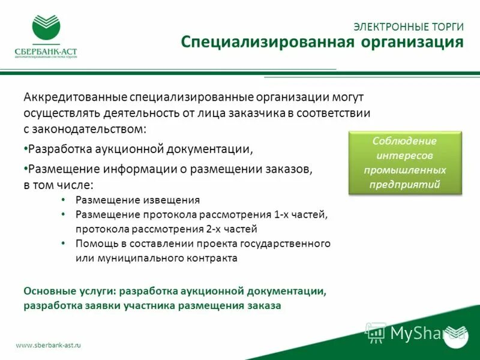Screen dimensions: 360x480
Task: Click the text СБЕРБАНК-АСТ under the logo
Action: [46, 52]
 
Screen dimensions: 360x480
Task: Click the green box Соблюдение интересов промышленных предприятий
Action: [405, 163]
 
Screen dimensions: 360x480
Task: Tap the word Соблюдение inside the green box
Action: [405, 141]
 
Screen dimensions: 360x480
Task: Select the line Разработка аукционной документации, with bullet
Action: [136, 149]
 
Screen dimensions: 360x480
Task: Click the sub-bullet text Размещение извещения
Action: [137, 200]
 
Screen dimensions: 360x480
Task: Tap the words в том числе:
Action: [58, 185]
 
